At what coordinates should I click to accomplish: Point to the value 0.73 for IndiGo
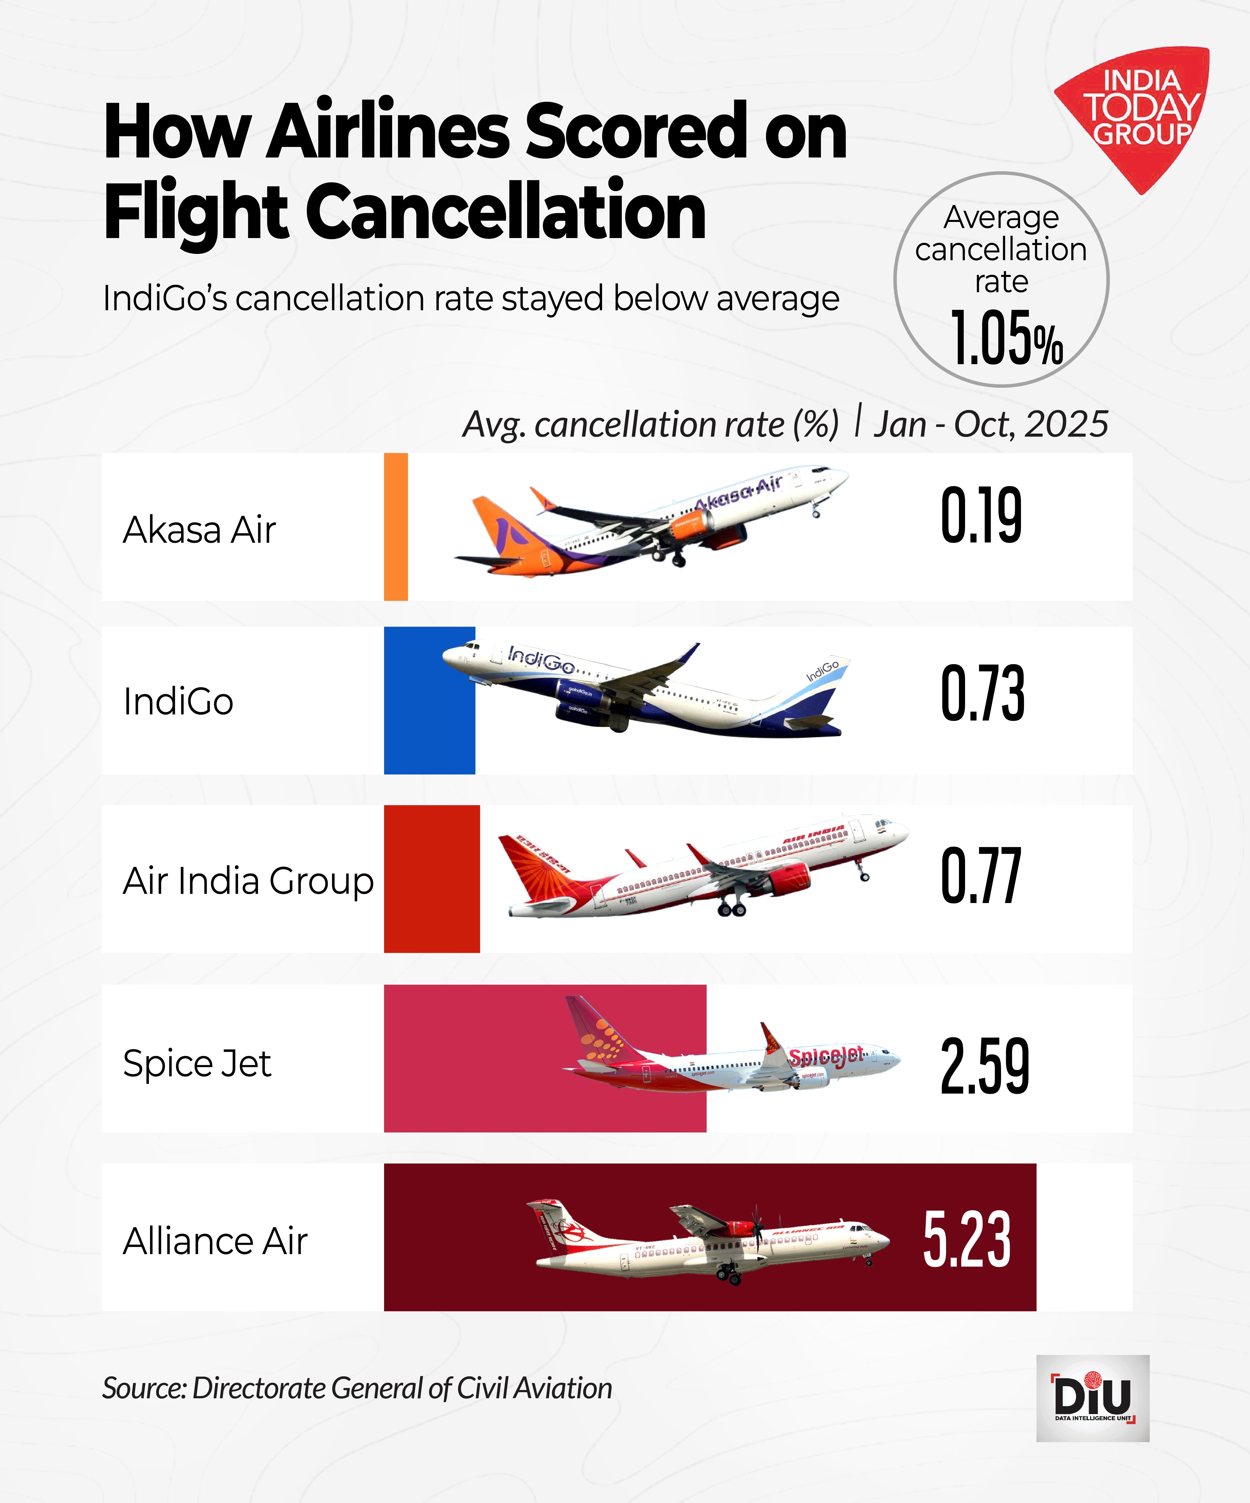pyautogui.click(x=982, y=693)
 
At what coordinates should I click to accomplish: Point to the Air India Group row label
pyautogui.click(x=247, y=880)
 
